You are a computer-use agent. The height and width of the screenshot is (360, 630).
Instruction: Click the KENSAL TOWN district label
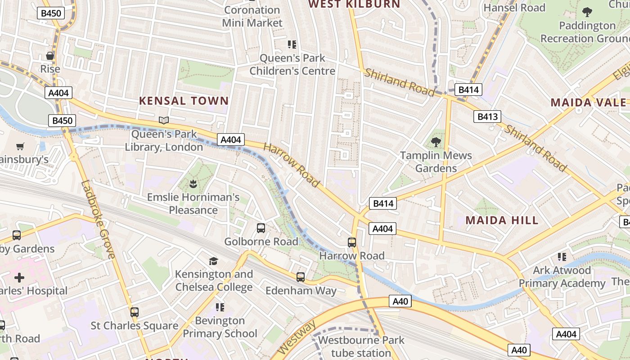(184, 101)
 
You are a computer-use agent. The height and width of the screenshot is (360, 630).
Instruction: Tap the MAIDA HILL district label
(502, 220)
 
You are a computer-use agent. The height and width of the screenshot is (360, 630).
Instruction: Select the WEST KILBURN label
(354, 4)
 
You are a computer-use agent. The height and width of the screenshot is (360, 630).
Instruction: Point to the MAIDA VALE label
(588, 103)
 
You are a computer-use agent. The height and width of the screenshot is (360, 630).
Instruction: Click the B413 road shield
(487, 117)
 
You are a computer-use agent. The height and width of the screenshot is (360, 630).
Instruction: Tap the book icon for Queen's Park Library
(164, 121)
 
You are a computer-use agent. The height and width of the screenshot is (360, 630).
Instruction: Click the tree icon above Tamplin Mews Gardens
(436, 143)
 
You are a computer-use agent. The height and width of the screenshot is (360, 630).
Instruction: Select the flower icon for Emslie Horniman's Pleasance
(193, 184)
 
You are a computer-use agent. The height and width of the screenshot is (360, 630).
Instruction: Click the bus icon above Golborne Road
(261, 228)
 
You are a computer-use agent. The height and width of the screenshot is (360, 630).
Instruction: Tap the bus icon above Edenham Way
(301, 277)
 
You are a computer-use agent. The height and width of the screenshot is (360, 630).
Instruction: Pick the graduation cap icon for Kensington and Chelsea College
(213, 261)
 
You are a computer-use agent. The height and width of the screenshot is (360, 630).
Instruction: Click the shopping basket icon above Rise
(50, 56)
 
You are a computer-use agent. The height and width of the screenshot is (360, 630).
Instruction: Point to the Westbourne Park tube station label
(361, 346)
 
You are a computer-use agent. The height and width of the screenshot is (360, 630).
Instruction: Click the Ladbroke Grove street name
(98, 220)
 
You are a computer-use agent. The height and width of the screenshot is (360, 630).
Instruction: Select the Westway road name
(297, 337)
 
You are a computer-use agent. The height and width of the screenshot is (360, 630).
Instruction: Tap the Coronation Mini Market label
(252, 16)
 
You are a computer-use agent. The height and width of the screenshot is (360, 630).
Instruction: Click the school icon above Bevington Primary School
(220, 307)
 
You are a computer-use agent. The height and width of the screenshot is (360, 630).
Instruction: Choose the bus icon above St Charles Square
(134, 312)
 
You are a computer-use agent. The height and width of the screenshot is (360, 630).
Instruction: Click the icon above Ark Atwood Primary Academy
(562, 257)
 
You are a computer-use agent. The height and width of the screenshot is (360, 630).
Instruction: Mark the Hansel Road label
(514, 8)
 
